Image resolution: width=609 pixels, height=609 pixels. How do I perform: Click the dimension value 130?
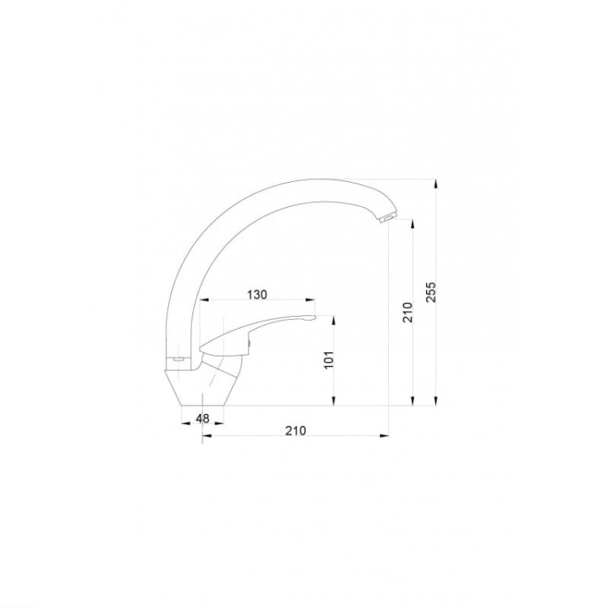[x=257, y=295]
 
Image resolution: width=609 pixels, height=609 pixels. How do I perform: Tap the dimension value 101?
[x=329, y=360]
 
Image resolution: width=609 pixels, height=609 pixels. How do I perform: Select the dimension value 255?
[x=431, y=292]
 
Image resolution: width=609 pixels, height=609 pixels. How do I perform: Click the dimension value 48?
[x=202, y=418]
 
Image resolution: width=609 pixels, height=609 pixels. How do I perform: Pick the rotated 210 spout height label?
[x=408, y=312]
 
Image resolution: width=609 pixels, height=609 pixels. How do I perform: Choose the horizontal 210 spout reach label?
[x=296, y=430]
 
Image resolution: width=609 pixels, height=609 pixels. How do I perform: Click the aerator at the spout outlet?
[x=387, y=218]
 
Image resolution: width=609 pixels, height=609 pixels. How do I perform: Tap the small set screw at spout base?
[x=179, y=359]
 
